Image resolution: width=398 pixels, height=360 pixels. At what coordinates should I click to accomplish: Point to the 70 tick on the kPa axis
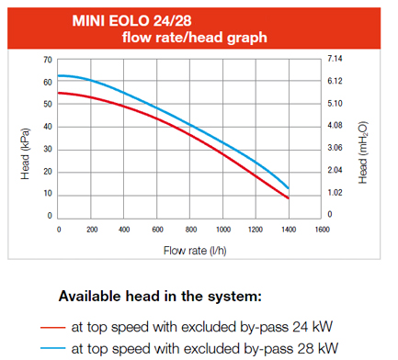(x=47, y=60)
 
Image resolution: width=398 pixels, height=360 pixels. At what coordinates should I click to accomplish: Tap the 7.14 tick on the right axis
(x=335, y=60)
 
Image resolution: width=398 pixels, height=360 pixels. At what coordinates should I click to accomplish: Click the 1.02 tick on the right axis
(x=335, y=193)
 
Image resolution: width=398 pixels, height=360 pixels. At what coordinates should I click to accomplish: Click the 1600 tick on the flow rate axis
(x=322, y=229)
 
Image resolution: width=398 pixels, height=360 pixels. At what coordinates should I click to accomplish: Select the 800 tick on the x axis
(x=190, y=229)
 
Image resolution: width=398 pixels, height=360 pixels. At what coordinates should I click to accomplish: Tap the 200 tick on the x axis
(x=92, y=229)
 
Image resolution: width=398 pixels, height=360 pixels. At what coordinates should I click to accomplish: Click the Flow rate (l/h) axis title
(x=190, y=250)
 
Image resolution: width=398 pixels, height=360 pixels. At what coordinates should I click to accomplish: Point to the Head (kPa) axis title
(x=25, y=138)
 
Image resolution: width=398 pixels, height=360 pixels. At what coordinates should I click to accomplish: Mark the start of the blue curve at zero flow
(x=59, y=75)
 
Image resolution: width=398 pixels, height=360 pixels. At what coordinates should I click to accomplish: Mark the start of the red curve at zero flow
(x=59, y=93)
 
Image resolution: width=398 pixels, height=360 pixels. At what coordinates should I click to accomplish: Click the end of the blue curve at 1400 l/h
(x=289, y=187)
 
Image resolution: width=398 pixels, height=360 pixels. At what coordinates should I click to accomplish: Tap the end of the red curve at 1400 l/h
(x=289, y=197)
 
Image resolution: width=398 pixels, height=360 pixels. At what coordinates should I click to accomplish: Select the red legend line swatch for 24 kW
(x=53, y=326)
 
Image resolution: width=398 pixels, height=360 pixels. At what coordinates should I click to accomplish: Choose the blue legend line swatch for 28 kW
(x=53, y=348)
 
